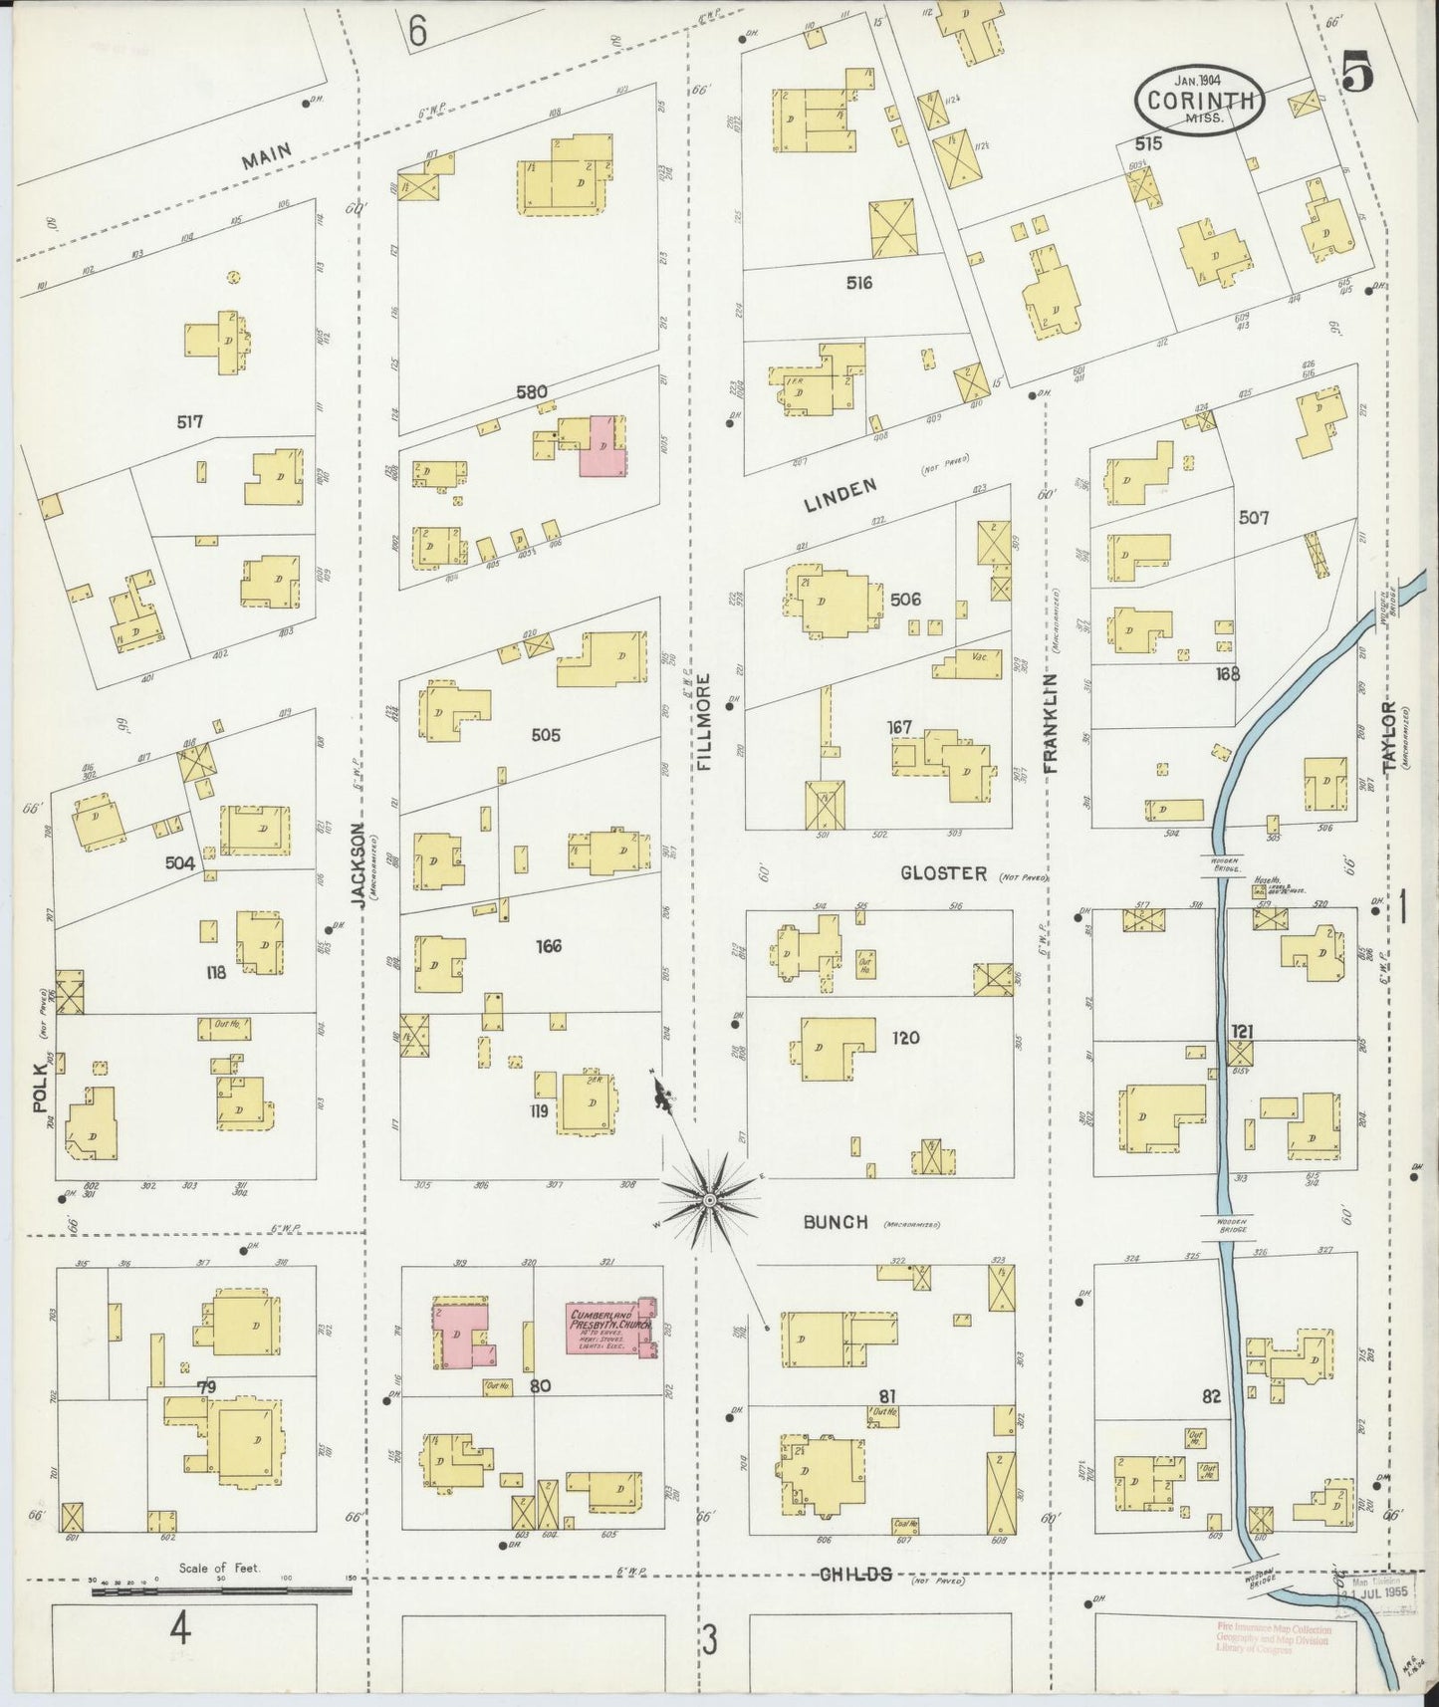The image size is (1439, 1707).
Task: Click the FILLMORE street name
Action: (x=703, y=721)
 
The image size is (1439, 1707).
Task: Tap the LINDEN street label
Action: (x=841, y=493)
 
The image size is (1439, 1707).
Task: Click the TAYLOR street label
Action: (x=1390, y=735)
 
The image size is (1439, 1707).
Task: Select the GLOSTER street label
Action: (x=943, y=873)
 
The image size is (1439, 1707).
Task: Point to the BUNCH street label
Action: (x=837, y=1222)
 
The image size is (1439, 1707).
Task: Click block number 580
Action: (x=531, y=391)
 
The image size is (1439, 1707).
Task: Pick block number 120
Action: (x=905, y=1038)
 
